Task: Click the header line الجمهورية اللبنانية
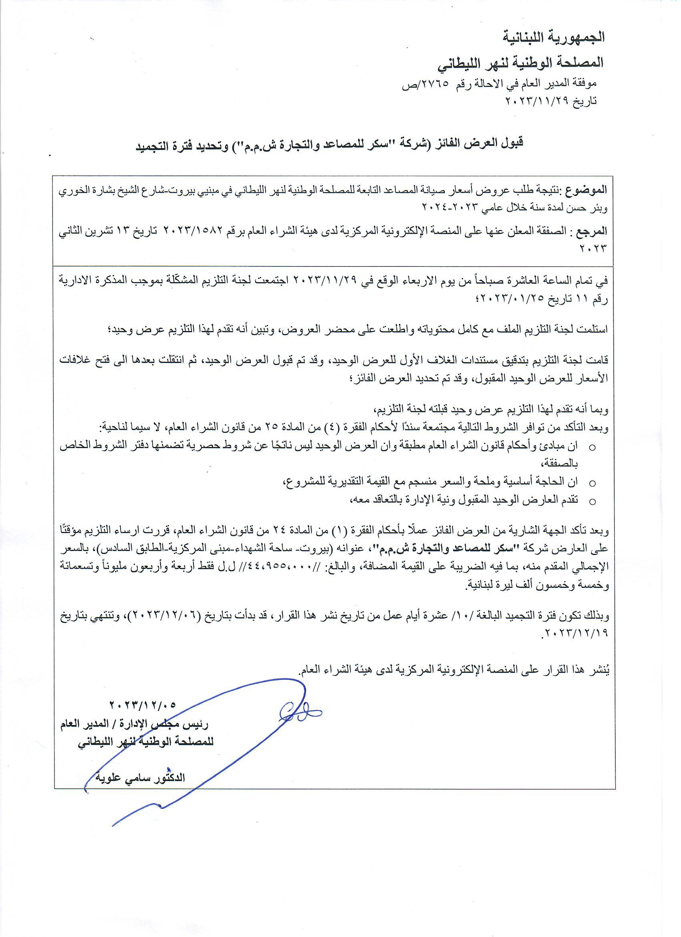click(554, 37)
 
